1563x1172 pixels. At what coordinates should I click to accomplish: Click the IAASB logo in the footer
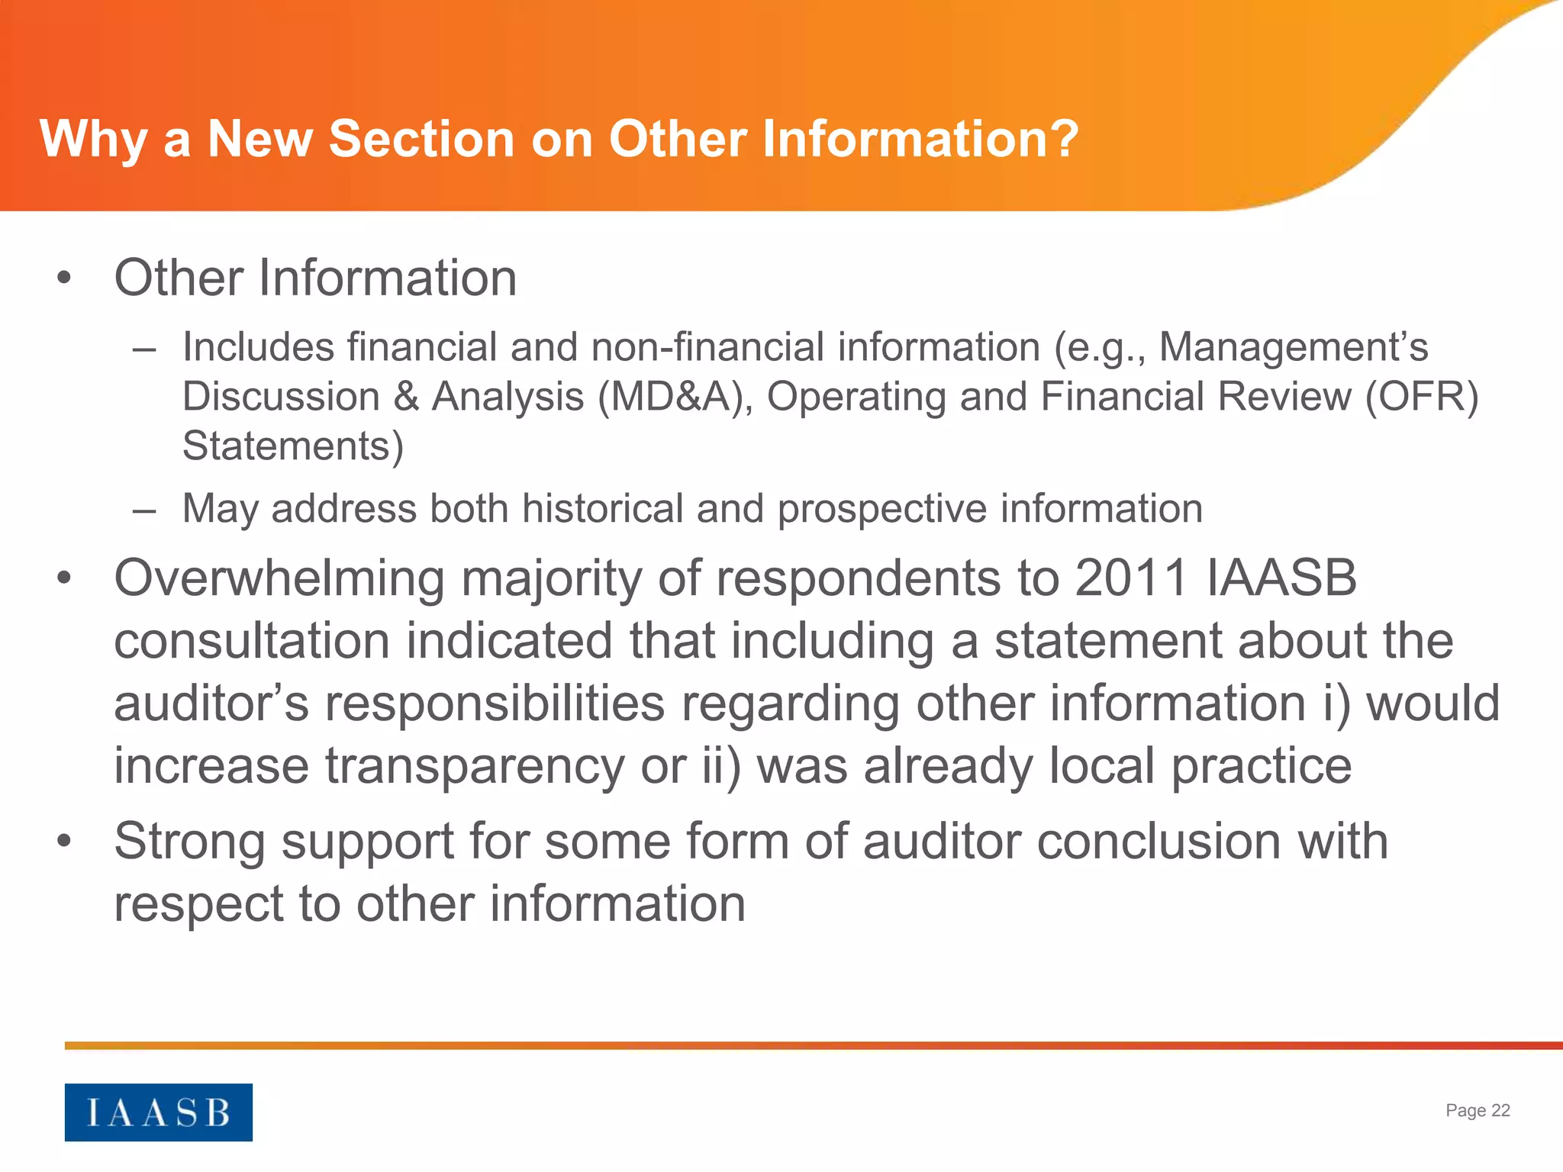[158, 1112]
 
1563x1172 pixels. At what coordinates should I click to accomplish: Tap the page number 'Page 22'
[1478, 1110]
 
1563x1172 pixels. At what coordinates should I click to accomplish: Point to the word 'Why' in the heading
[92, 140]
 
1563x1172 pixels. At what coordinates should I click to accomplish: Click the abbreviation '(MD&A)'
[675, 397]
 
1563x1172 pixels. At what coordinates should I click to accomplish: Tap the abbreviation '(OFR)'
[1422, 397]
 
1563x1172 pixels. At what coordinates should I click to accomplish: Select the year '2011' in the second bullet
[1131, 578]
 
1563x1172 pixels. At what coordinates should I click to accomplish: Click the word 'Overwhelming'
[279, 578]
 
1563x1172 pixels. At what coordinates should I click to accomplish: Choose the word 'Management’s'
[1294, 347]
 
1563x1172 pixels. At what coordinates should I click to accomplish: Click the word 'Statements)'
[293, 446]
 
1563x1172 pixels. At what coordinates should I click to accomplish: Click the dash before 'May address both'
[143, 509]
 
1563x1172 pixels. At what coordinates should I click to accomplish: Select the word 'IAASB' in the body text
[1281, 578]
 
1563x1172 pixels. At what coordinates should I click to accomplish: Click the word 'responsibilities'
[495, 703]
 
